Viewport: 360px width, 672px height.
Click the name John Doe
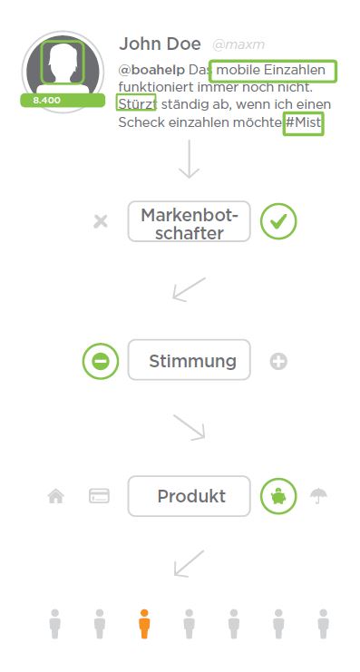[159, 44]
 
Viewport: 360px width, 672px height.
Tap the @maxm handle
[238, 44]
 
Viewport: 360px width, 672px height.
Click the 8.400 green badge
[47, 100]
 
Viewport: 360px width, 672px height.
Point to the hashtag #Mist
[303, 122]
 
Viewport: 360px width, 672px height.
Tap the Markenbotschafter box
[189, 222]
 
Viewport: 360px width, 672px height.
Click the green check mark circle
[278, 221]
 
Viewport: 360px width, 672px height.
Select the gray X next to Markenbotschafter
[101, 221]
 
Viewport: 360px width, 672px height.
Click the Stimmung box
[189, 361]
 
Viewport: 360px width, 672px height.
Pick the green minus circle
[101, 361]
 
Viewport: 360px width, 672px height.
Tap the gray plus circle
[278, 362]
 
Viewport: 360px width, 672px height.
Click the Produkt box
[189, 496]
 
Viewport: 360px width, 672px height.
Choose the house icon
[56, 496]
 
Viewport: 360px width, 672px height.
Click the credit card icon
[100, 496]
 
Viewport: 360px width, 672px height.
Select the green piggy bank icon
[278, 496]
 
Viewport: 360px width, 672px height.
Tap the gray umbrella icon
[318, 496]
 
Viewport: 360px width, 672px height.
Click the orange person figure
[144, 624]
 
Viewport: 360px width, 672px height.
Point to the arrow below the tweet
[189, 160]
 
